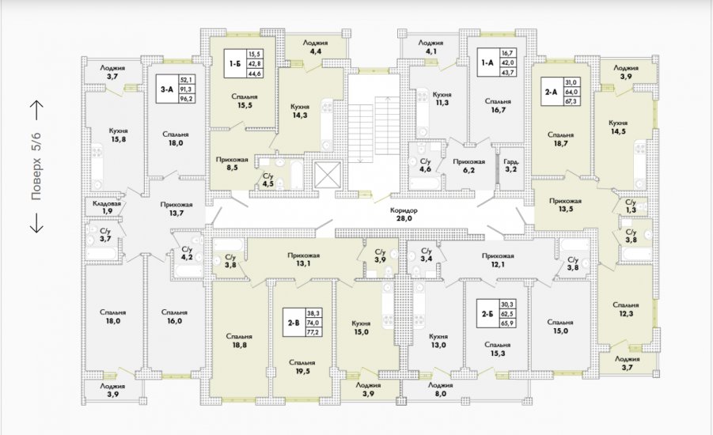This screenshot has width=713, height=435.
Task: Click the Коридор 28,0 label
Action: [404, 214]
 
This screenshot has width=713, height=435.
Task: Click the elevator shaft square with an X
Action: [328, 174]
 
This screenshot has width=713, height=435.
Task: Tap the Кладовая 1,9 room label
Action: [107, 207]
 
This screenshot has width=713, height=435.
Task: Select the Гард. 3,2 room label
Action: [511, 165]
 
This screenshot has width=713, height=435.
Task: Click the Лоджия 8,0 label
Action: [440, 390]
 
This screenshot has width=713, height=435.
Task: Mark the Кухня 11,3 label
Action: [442, 99]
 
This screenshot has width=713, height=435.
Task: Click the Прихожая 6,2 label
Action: [468, 165]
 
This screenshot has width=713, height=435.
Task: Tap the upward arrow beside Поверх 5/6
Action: [36, 111]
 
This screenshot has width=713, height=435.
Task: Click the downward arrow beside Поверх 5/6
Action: [36, 223]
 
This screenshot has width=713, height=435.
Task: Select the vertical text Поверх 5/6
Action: [36, 166]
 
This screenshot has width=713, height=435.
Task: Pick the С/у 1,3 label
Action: [631, 206]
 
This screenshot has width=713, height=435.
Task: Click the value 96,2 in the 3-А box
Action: [187, 98]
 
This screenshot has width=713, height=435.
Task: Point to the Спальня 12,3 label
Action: [626, 309]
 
